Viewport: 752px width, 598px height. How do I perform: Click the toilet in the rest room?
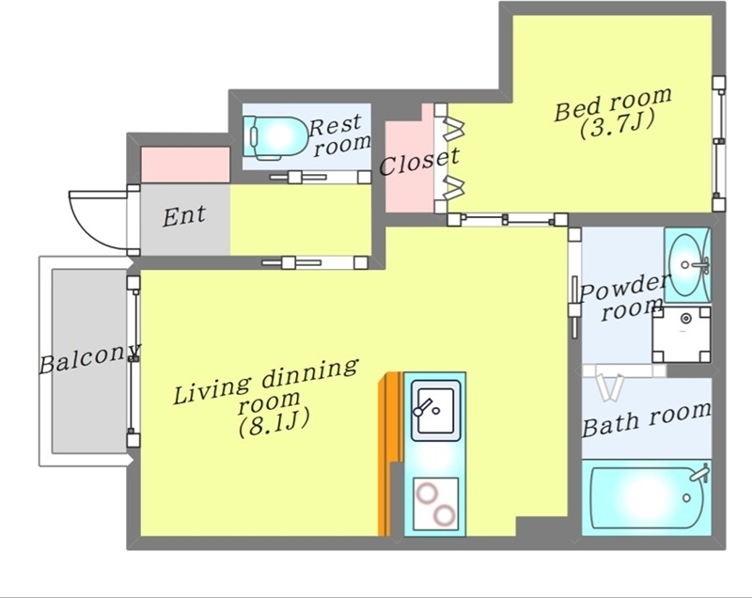tap(274, 137)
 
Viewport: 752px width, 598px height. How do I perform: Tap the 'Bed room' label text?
tap(613, 103)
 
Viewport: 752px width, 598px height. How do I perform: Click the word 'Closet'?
tap(419, 162)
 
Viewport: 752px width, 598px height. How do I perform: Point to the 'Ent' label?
tap(184, 216)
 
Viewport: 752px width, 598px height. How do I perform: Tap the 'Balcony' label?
tap(89, 358)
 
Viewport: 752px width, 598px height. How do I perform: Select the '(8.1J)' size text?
tap(274, 422)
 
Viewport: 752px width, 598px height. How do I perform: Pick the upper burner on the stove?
tap(427, 494)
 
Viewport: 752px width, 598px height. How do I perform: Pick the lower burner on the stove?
tap(444, 515)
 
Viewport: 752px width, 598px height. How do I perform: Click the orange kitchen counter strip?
tap(388, 453)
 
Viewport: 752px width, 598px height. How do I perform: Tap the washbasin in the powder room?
tap(688, 265)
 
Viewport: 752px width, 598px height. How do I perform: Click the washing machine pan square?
tap(681, 335)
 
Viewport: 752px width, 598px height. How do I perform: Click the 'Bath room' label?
tap(646, 419)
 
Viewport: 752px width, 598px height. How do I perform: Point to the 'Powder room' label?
tap(622, 298)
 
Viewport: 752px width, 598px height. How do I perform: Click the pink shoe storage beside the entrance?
tap(185, 165)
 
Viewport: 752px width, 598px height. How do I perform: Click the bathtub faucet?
tap(699, 473)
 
